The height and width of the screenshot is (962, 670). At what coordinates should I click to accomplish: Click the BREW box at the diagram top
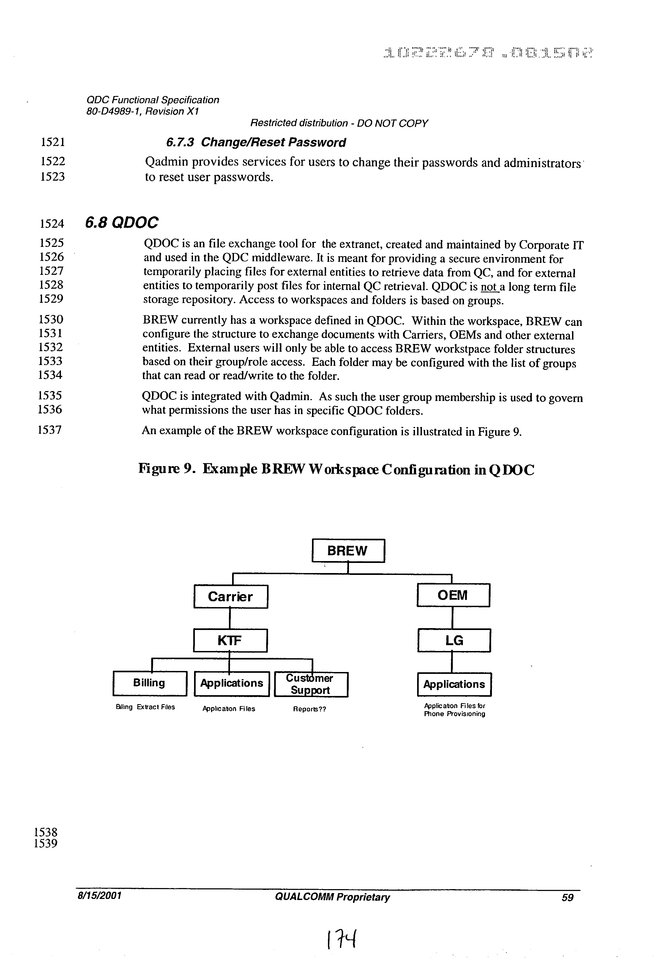(x=348, y=550)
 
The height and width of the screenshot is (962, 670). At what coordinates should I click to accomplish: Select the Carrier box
(x=231, y=596)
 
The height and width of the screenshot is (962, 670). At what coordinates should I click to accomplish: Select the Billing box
(x=150, y=683)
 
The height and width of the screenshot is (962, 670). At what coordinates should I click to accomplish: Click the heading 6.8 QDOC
(x=122, y=222)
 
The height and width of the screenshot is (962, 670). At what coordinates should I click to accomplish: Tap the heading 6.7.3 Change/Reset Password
(x=256, y=142)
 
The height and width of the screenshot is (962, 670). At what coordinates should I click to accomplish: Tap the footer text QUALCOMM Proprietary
(x=332, y=897)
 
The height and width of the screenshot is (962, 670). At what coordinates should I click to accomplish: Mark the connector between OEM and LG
(x=453, y=617)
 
